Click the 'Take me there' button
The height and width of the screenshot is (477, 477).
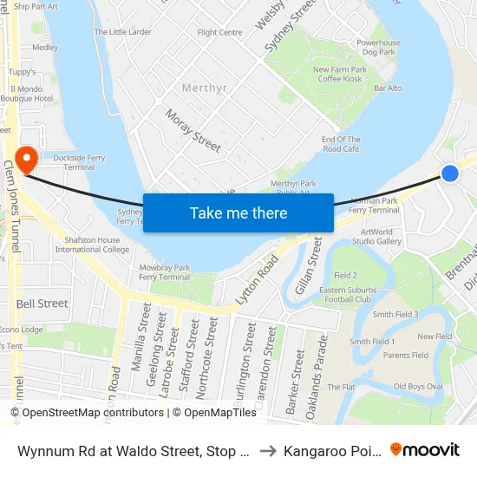238,213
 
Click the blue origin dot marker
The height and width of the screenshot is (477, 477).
449,173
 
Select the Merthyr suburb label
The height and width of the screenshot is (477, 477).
204,88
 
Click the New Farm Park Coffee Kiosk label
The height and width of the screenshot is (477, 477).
338,75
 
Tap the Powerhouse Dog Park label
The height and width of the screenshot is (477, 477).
378,48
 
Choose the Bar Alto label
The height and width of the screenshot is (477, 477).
387,88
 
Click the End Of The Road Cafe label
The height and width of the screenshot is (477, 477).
340,144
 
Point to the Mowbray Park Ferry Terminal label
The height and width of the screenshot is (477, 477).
162,271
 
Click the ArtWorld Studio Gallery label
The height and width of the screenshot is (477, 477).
376,237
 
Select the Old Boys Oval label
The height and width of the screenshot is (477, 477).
418,386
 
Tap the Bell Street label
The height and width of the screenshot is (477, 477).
42,304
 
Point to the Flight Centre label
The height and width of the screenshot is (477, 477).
219,33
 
